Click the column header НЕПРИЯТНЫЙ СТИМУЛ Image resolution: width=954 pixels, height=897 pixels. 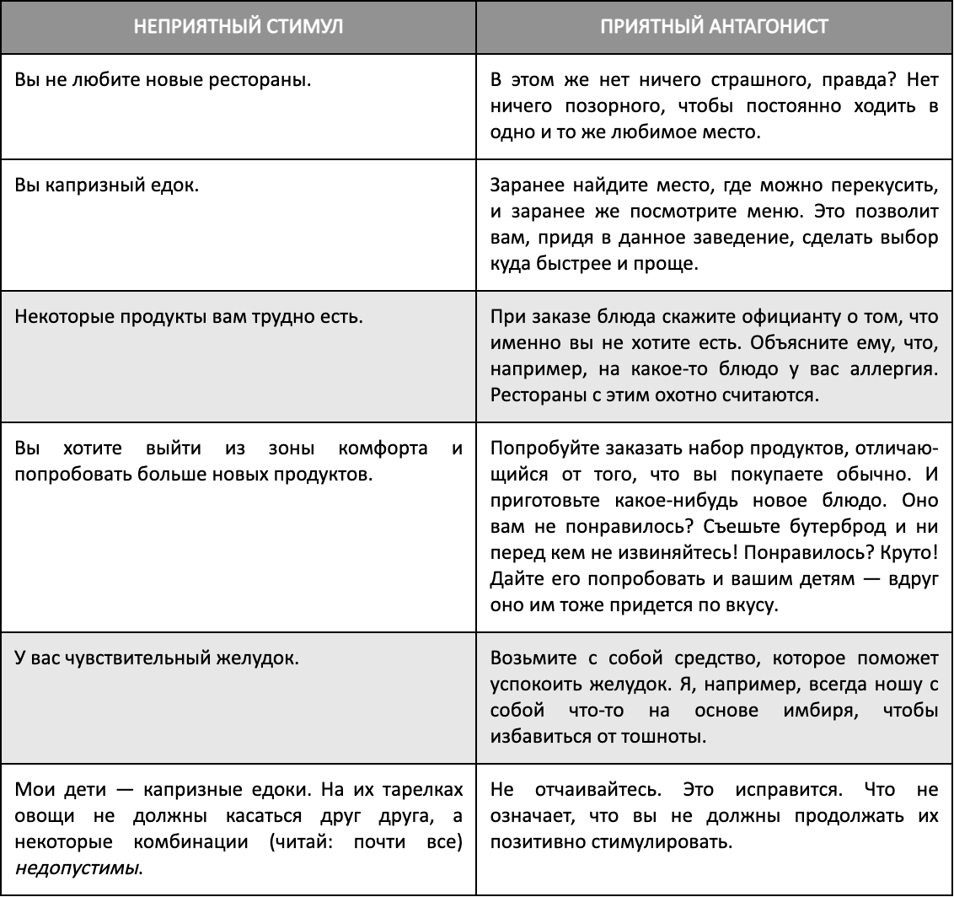coord(238,26)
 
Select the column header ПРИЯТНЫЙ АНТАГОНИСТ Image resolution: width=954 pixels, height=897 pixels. coord(714,26)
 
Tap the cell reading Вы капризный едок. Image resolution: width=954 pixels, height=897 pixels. coord(108,185)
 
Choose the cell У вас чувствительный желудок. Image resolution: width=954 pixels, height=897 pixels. coord(157,658)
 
